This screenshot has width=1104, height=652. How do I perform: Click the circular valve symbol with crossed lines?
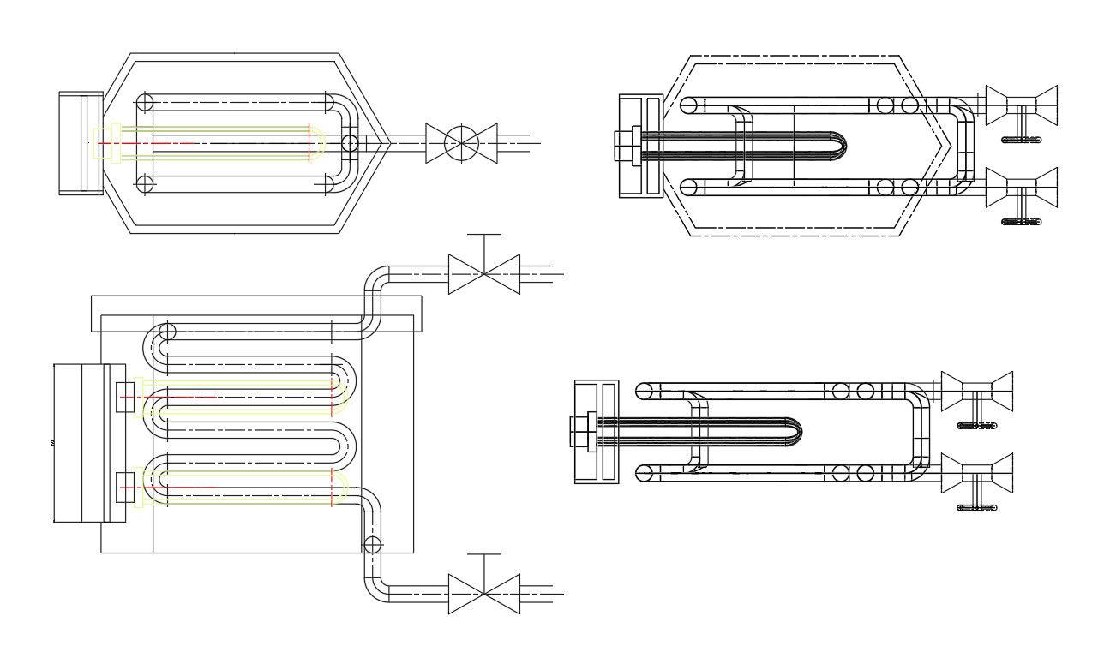pos(462,141)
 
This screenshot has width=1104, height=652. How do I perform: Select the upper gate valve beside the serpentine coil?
pos(484,274)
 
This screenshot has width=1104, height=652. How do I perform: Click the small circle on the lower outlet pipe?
pos(372,544)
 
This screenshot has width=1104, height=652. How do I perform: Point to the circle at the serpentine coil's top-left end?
pos(165,332)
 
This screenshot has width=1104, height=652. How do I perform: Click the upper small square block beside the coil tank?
pos(125,398)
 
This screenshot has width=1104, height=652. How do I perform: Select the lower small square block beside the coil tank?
pos(125,487)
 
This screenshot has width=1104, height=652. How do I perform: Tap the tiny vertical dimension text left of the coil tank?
pos(53,443)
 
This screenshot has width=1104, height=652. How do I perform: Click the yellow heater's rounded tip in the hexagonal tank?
pos(320,142)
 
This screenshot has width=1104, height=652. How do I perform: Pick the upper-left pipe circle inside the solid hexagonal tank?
pos(145,101)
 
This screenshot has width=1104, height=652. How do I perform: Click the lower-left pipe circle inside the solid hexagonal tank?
pos(145,183)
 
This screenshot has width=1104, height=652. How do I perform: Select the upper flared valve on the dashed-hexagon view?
pos(1022,106)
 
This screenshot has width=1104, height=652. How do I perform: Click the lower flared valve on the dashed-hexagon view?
pos(1022,189)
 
